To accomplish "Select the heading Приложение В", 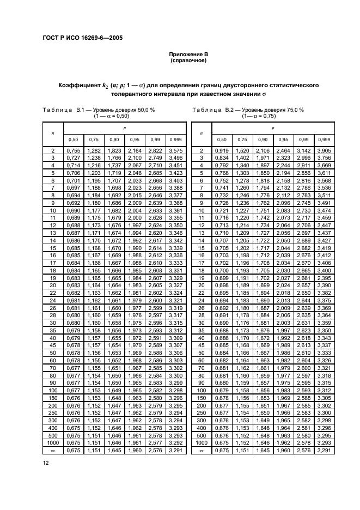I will [188, 55].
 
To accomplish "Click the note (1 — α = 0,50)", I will [112, 116].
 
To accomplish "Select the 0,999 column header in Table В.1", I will [176, 139].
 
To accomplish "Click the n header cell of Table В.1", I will [53, 132].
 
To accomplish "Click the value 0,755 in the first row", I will [72, 150].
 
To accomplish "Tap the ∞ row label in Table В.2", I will [201, 451].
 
